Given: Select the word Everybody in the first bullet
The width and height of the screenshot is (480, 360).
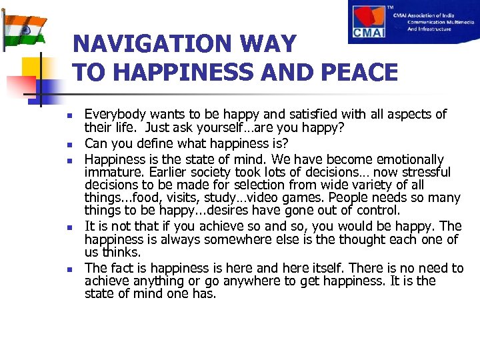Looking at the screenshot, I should (114, 115).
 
